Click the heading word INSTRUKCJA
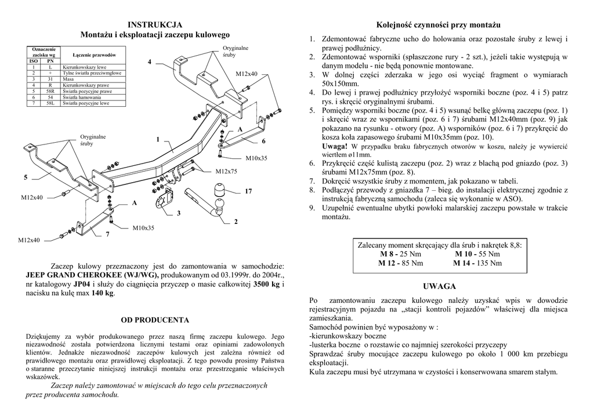155,24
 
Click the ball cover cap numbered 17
221,190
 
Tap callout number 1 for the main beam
157,140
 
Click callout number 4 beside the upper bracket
149,61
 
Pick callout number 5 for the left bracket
26,176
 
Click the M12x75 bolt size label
226,171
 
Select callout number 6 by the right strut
263,141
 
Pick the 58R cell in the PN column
50,91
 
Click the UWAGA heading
440,287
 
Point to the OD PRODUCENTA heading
155,320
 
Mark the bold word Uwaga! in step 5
335,145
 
